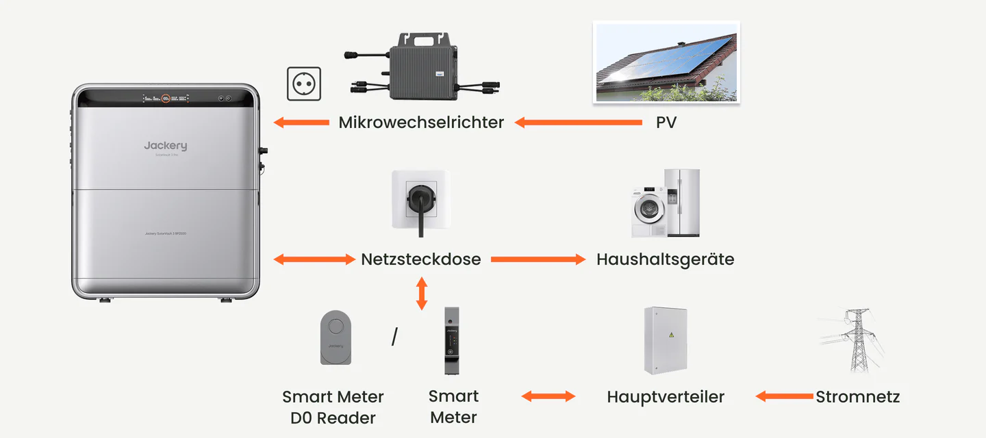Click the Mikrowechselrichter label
click(x=421, y=123)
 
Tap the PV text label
click(x=666, y=123)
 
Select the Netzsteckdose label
click(x=421, y=259)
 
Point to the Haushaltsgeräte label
click(x=665, y=259)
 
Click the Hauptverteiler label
click(x=665, y=397)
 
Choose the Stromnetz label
click(x=857, y=397)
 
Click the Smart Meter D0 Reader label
click(x=333, y=407)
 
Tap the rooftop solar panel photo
click(x=666, y=62)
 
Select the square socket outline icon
click(x=304, y=84)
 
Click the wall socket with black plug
click(x=421, y=199)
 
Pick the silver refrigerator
click(x=683, y=203)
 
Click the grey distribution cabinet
click(x=665, y=340)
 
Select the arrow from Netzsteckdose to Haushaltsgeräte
click(x=538, y=259)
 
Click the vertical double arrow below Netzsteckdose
click(x=422, y=294)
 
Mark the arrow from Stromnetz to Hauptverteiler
click(x=784, y=396)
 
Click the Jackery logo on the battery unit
click(x=165, y=146)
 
